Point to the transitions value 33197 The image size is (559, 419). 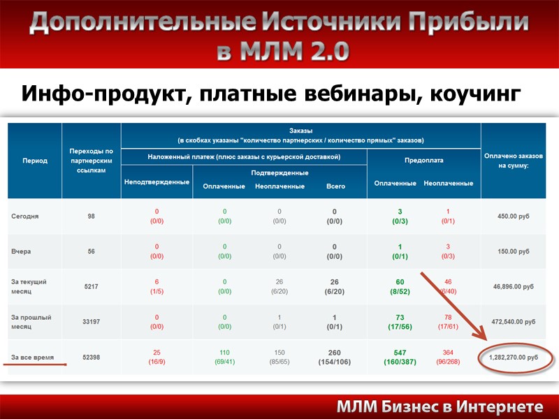[92, 322]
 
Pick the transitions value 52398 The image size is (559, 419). [92, 357]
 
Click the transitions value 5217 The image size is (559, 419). [92, 286]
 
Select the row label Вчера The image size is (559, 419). [22, 251]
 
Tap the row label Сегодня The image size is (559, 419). [25, 216]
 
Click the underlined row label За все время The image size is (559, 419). [33, 357]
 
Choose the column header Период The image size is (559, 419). [34, 161]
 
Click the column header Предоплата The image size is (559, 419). [423, 160]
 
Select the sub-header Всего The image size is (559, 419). [335, 186]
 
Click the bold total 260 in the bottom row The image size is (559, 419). [335, 353]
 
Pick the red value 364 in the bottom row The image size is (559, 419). [447, 353]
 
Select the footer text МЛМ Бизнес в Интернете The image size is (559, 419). [440, 407]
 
